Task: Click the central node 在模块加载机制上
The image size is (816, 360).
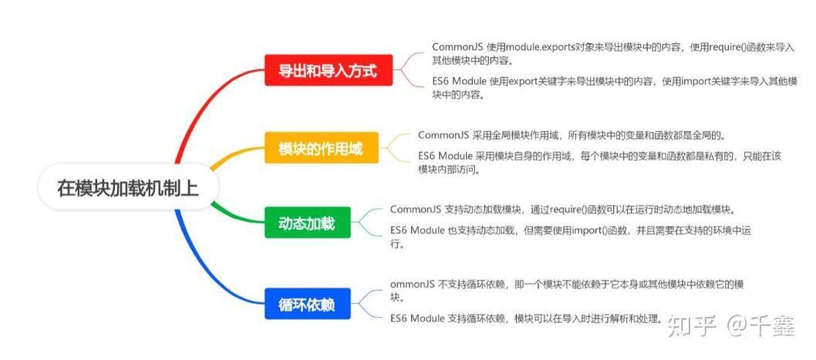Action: coord(129,187)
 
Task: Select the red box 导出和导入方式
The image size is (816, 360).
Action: coord(329,70)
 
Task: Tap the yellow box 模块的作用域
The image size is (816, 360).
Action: coord(322,148)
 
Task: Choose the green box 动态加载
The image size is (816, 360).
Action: coord(308,223)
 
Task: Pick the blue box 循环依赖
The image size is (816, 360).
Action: coord(308,303)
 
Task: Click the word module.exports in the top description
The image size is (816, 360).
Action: coord(541,47)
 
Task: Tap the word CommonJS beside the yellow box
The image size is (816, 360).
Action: coord(444,135)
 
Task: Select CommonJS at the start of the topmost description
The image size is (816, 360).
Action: coord(458,47)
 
